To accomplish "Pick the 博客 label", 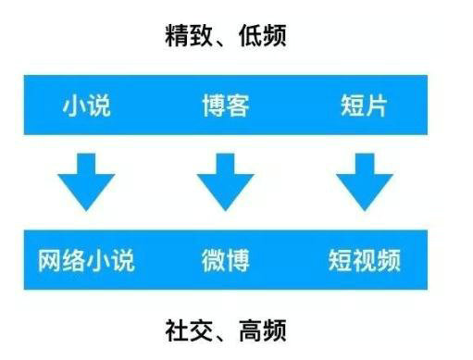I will [x=225, y=106].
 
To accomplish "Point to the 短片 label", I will [x=364, y=106].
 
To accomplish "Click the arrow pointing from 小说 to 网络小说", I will [x=86, y=183].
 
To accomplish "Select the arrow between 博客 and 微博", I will [x=225, y=183].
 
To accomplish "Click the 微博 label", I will [x=225, y=260].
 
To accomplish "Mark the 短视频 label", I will [x=364, y=260].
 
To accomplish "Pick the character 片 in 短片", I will [x=376, y=106].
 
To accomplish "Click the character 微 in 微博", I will [x=213, y=260].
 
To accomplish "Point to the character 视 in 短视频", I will [x=364, y=260].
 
